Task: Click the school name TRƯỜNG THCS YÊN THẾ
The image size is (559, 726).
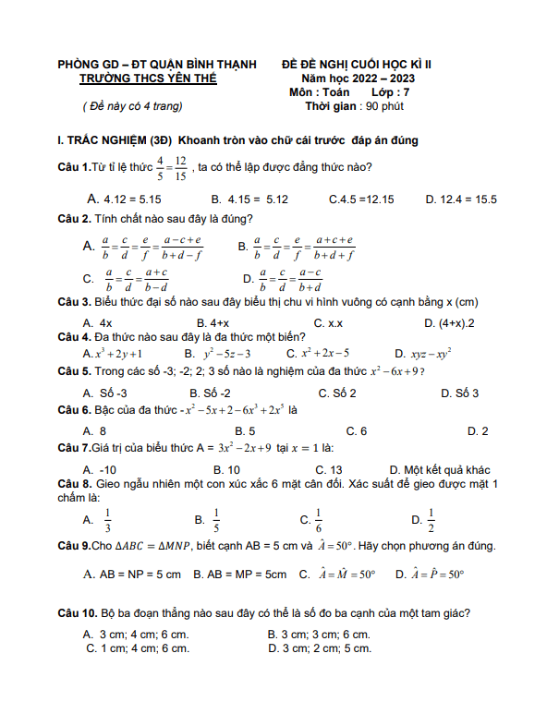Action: pyautogui.click(x=148, y=79)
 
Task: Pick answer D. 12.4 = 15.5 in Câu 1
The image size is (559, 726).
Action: pyautogui.click(x=461, y=199)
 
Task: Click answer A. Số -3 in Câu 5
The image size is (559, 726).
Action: pyautogui.click(x=104, y=393)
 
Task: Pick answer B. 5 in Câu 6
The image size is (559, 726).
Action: pyautogui.click(x=245, y=431)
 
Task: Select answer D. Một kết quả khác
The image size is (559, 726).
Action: pyautogui.click(x=439, y=469)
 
